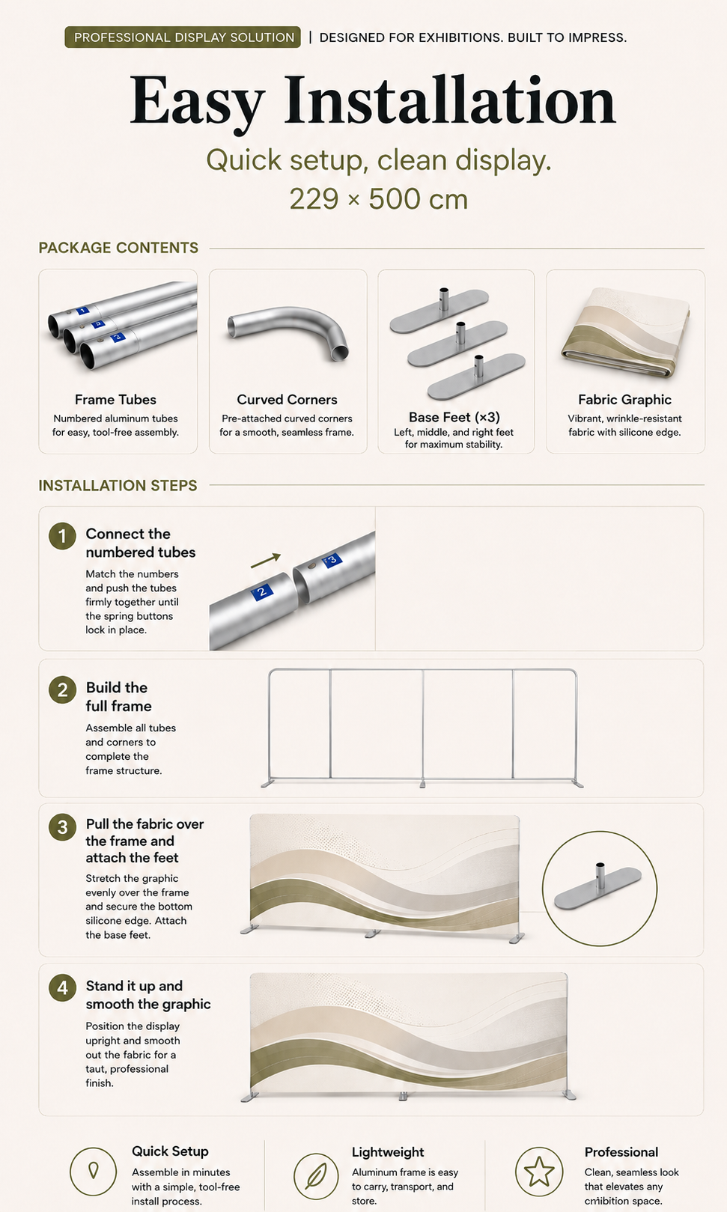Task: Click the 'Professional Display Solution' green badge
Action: pos(183,37)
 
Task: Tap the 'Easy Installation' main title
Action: pos(372,101)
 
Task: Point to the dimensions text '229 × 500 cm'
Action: pos(378,198)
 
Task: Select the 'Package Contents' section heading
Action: pos(118,248)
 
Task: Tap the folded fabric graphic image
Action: pos(626,332)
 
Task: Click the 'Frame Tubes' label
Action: pos(115,399)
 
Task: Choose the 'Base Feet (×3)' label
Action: pos(454,417)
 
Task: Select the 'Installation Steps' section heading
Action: pos(118,485)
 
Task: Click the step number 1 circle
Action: pos(62,536)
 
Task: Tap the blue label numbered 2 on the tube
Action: pos(263,591)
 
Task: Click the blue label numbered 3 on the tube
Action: pos(332,559)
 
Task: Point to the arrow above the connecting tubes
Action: pos(266,561)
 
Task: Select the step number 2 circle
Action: pos(62,690)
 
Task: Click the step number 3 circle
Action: pos(62,827)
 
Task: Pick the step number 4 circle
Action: pos(62,987)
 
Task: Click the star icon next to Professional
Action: pos(539,1172)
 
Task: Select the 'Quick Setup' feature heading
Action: pos(170,1151)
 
